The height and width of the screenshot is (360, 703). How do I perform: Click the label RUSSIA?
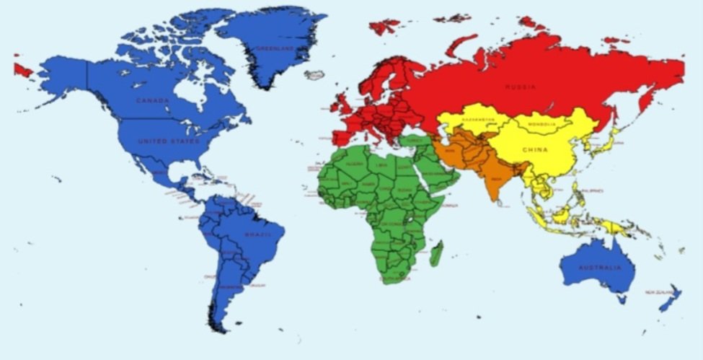coord(520,87)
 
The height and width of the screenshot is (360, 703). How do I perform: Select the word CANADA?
coord(152,100)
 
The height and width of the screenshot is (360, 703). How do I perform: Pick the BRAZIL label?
coord(257,236)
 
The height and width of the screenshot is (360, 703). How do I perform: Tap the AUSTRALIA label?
coord(599,268)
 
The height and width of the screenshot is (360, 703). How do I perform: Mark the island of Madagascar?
coord(436,253)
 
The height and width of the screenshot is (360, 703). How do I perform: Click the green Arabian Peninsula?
coord(432,173)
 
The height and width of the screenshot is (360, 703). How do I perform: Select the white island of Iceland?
coord(315,74)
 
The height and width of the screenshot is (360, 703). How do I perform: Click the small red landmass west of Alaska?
coord(22,69)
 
